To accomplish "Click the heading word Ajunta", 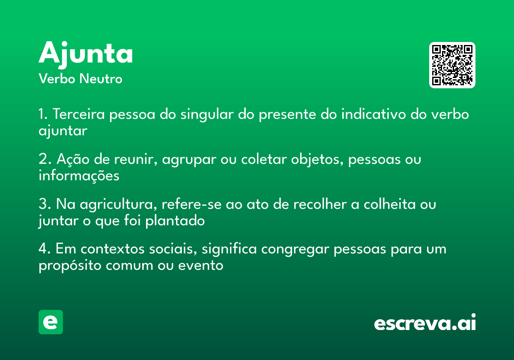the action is coord(86,55).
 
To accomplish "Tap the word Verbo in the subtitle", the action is coord(57,79).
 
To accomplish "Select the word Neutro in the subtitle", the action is coord(101,79).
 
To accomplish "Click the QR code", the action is coord(452,65).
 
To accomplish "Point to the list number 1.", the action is coord(43,114).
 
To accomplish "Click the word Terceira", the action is coord(79,114).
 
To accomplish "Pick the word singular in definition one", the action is coord(207,114).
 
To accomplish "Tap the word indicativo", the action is coord(374,114).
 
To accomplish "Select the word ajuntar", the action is coord(63,131).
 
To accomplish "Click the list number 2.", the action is coord(45,159).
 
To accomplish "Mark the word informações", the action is coord(79,176).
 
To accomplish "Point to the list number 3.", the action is coord(45,204).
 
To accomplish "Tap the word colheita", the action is coord(389,204).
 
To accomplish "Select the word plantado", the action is coord(175,221).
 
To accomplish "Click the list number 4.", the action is coord(45,249).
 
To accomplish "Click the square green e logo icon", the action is coord(51,322).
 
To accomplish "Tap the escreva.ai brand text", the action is coord(425,322).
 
